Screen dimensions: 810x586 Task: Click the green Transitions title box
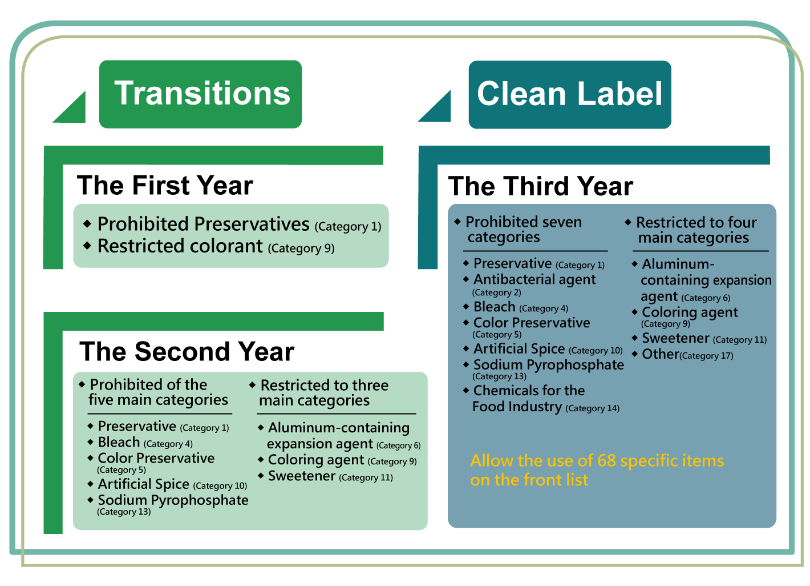(200, 94)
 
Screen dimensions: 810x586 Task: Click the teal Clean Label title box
(570, 95)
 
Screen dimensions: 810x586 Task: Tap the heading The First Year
(165, 185)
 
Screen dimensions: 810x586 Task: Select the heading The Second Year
(187, 351)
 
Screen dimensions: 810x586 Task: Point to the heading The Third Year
(541, 186)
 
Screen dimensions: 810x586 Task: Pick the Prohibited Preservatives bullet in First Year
(232, 224)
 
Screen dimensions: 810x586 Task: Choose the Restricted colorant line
(209, 246)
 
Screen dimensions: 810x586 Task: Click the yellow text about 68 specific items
(597, 470)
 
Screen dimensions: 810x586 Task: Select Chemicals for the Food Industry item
(541, 399)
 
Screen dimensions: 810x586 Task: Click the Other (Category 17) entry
(683, 354)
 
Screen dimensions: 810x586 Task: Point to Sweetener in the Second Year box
(326, 476)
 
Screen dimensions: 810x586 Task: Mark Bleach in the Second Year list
(140, 442)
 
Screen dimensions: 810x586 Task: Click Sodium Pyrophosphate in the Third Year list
(544, 369)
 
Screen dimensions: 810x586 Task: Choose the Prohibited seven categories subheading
(518, 229)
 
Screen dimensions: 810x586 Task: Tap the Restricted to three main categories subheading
(319, 392)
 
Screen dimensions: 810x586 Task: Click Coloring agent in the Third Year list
(685, 316)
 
